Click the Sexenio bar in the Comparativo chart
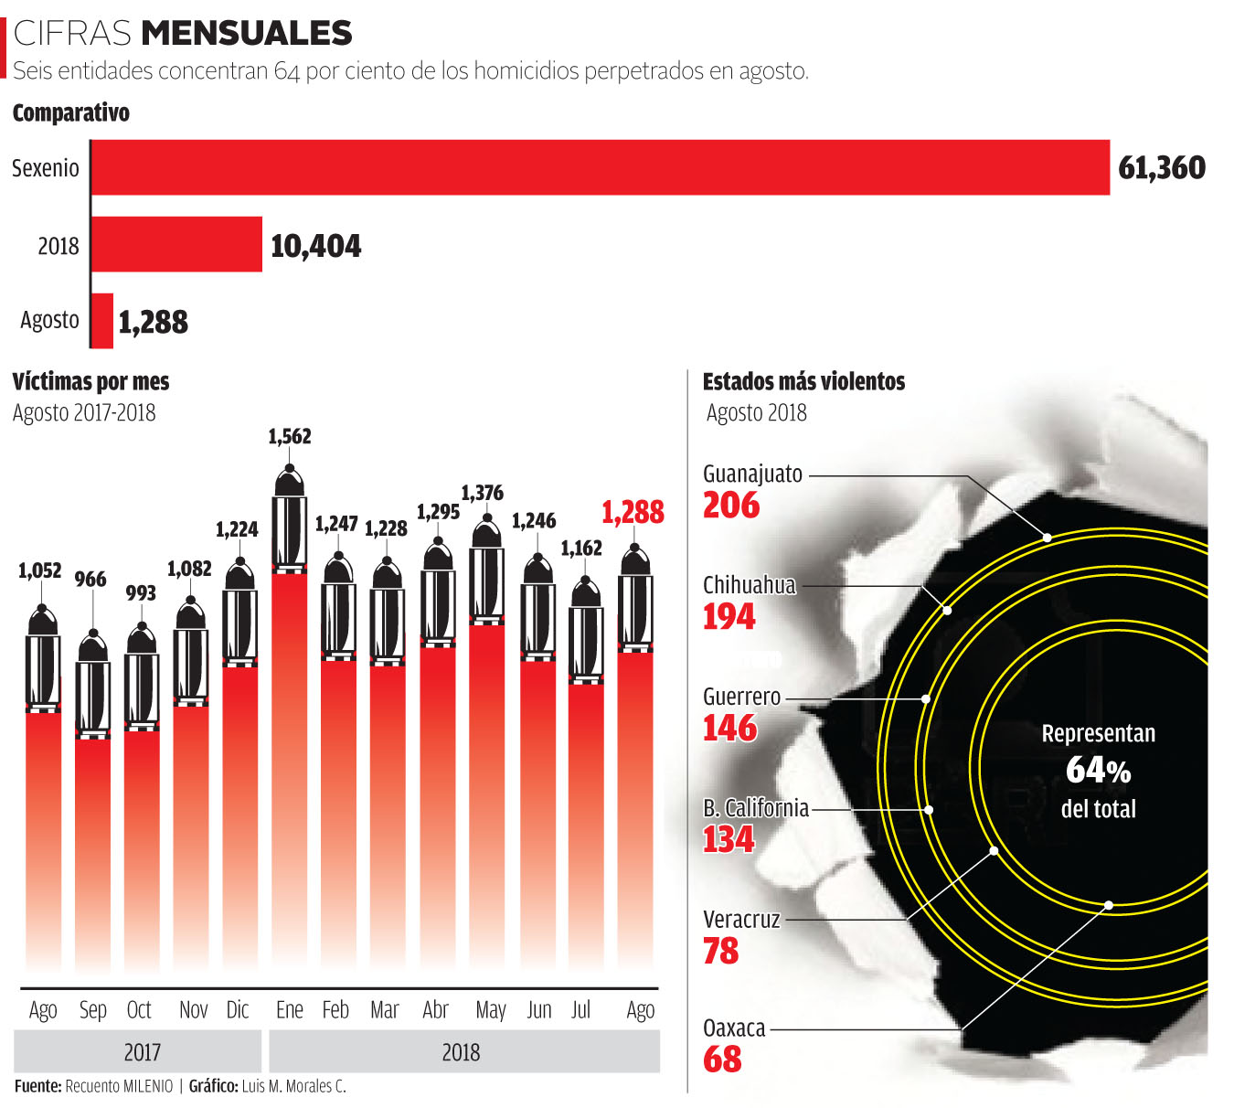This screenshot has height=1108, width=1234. tap(600, 167)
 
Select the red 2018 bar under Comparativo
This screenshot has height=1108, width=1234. tap(176, 244)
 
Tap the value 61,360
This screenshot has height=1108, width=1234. tap(1162, 168)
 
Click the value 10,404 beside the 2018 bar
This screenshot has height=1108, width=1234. tap(315, 246)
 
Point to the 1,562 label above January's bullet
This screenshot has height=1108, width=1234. tap(289, 437)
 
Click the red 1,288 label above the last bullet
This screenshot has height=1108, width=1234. tap(633, 512)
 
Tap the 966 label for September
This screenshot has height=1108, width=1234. tap(90, 580)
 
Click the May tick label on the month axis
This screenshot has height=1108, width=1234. tap(490, 1010)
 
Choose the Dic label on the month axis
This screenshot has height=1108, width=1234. tap(238, 1010)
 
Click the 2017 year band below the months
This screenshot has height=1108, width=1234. tap(142, 1052)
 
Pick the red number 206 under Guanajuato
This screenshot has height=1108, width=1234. tap(731, 506)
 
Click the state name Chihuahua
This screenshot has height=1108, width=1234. tap(749, 585)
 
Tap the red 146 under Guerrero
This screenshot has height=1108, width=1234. tap(730, 729)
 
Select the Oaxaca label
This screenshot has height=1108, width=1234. tap(734, 1028)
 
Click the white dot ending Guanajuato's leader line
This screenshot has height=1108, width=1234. tap(1047, 538)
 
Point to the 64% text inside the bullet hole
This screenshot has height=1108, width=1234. tap(1098, 771)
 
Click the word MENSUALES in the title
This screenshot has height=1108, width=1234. tap(247, 33)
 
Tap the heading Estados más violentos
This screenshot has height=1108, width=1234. tap(803, 382)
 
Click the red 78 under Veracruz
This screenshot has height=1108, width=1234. tap(720, 952)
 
